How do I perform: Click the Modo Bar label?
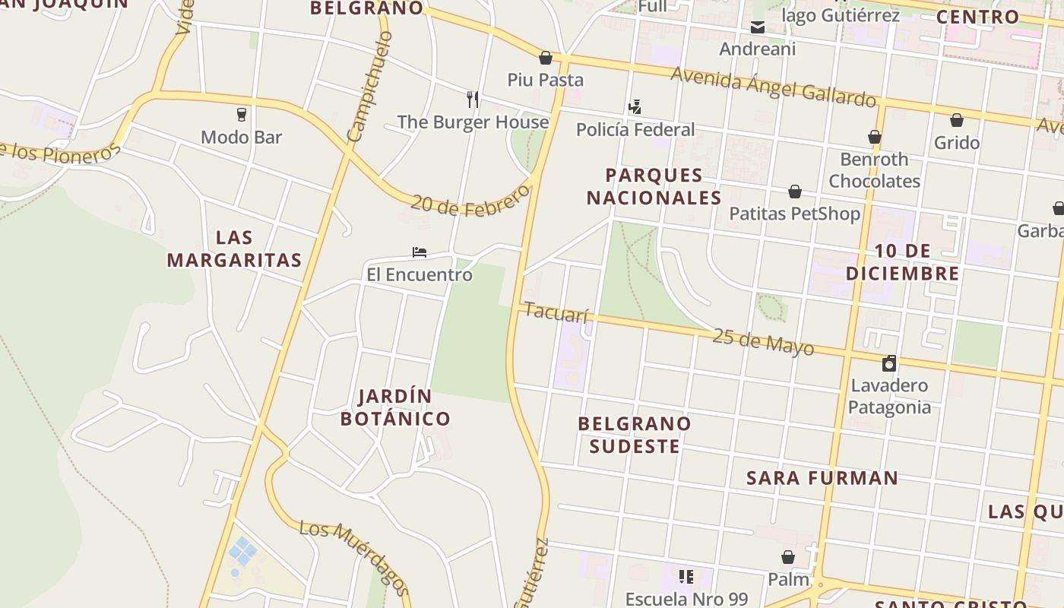click(241, 138)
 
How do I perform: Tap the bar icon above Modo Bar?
click(242, 115)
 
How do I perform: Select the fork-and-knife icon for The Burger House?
click(473, 99)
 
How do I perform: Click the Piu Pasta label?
click(546, 80)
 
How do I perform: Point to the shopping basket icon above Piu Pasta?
click(545, 57)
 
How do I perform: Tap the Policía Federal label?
click(635, 129)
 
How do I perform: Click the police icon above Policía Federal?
click(635, 106)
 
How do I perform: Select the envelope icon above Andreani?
click(757, 28)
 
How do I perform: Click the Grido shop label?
click(957, 143)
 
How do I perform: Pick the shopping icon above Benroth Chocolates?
click(875, 137)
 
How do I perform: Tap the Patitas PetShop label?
click(795, 214)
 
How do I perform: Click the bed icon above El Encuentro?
click(419, 252)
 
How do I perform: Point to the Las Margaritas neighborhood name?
click(234, 249)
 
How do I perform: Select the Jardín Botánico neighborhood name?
click(395, 407)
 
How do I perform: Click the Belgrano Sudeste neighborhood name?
click(635, 435)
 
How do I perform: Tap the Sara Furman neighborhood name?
click(822, 478)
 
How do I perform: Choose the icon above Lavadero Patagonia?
click(889, 363)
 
